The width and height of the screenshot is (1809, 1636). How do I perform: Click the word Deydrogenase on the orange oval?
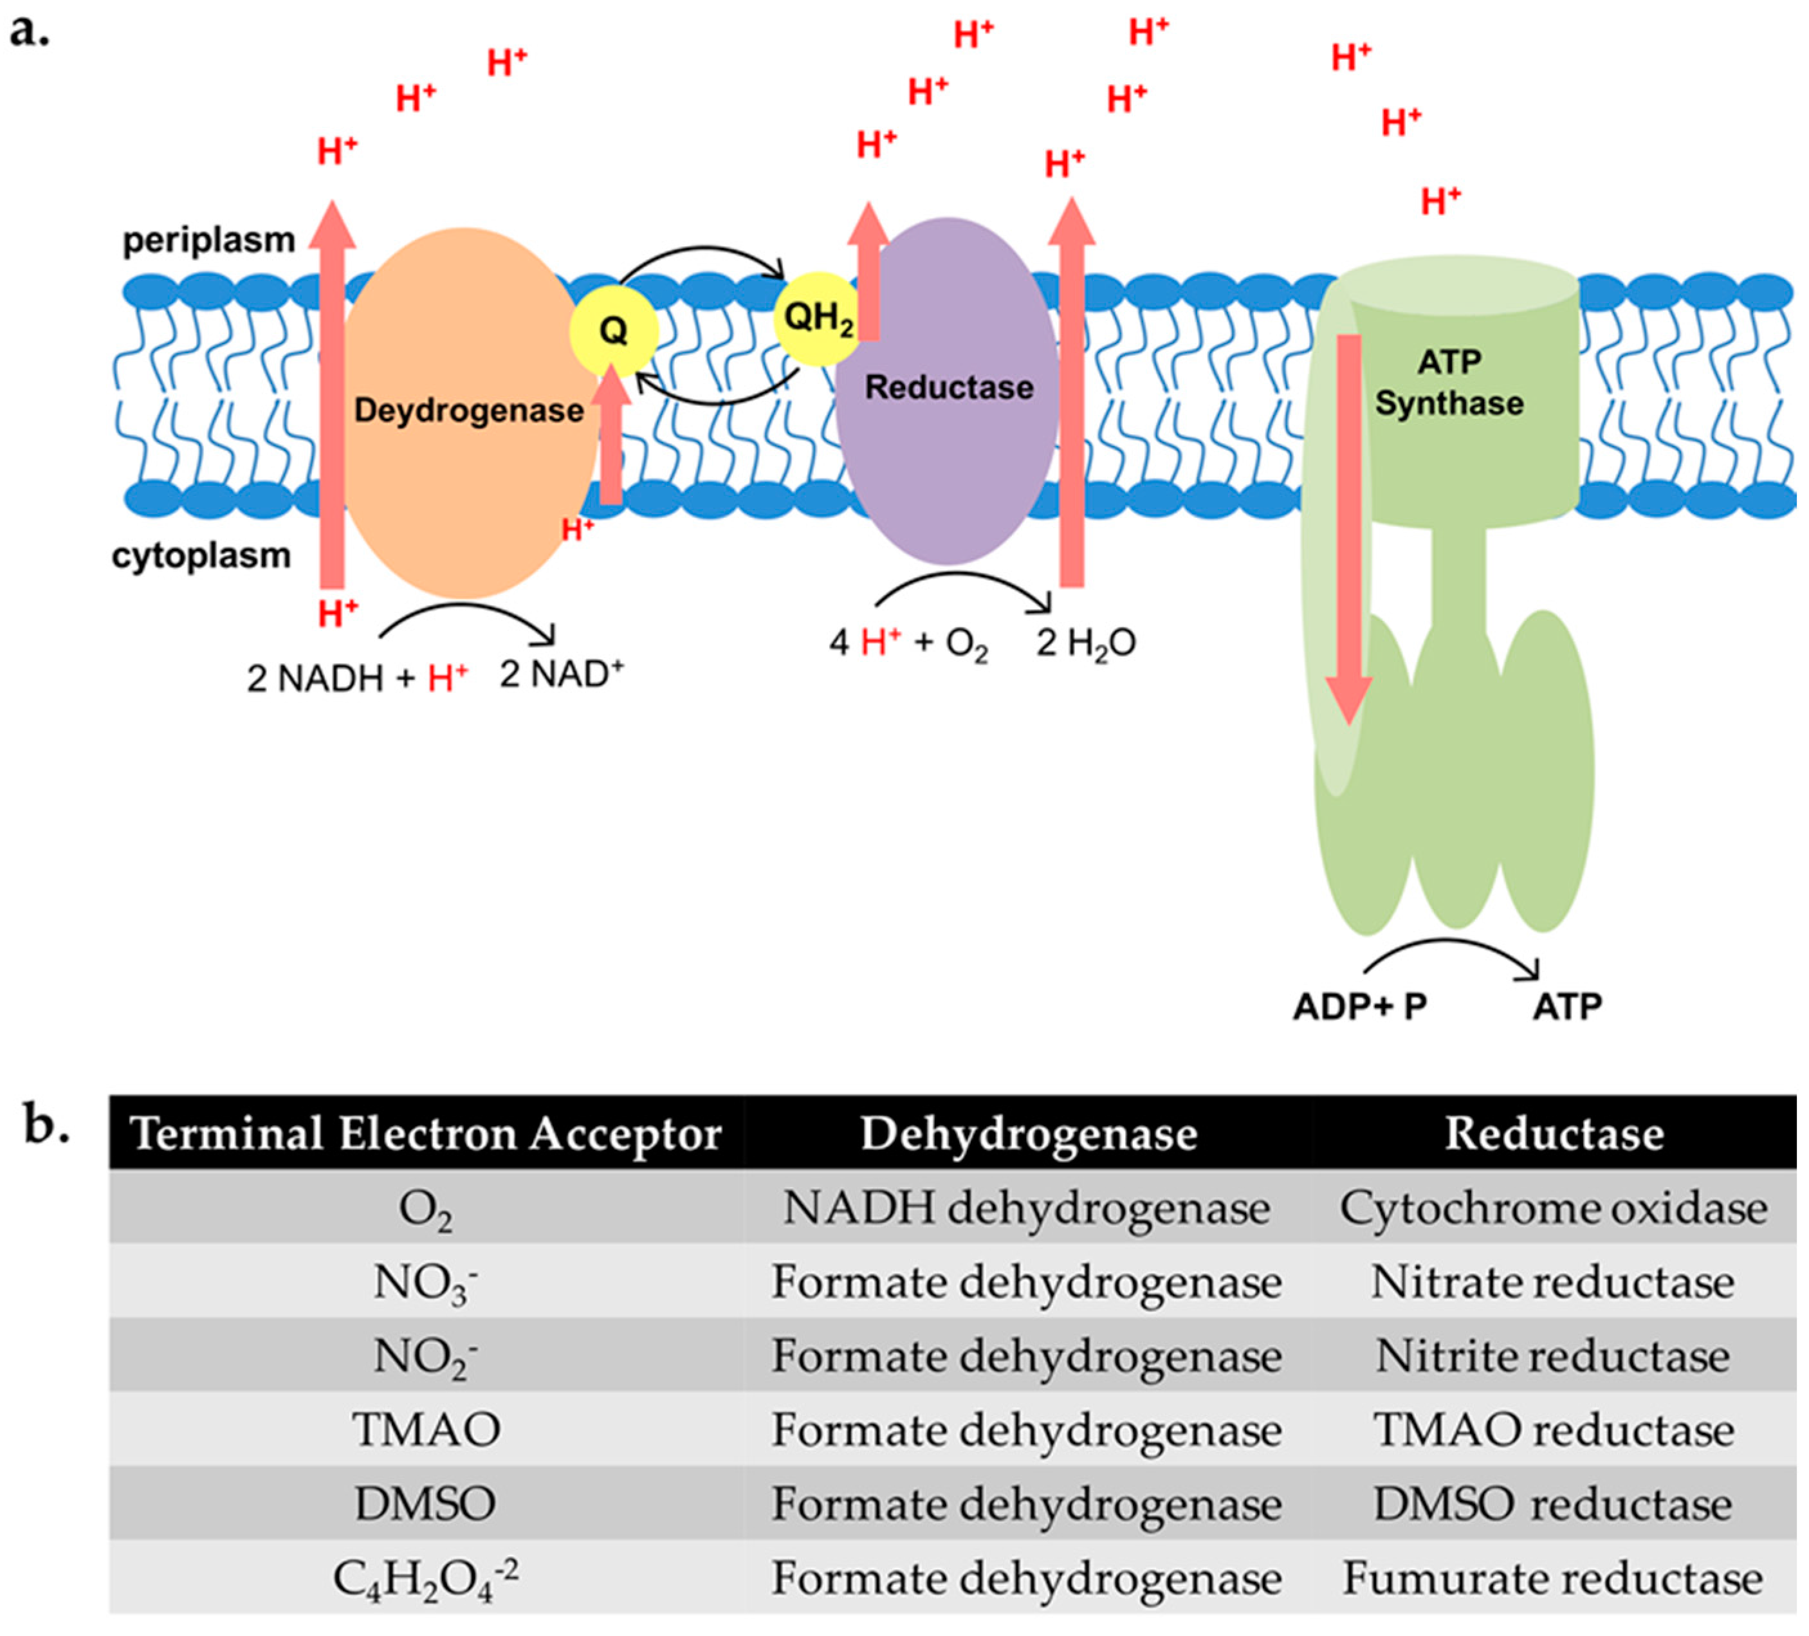coord(468,410)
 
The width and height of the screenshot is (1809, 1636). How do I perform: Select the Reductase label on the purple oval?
coord(948,388)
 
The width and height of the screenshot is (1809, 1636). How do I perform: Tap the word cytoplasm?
coord(201,555)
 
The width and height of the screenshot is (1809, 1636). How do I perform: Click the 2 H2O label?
coord(1086,643)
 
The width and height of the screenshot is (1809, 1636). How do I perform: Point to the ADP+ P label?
coord(1359,1006)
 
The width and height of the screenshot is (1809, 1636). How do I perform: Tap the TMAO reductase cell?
coord(1553,1429)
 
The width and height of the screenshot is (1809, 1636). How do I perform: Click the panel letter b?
coord(47,1127)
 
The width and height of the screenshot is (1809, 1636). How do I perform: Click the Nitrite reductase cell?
coord(1553,1356)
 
